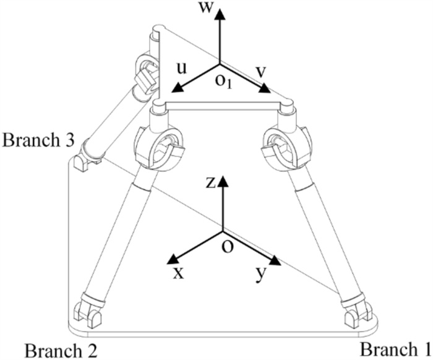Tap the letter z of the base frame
(210, 182)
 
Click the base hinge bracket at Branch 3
(81, 162)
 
